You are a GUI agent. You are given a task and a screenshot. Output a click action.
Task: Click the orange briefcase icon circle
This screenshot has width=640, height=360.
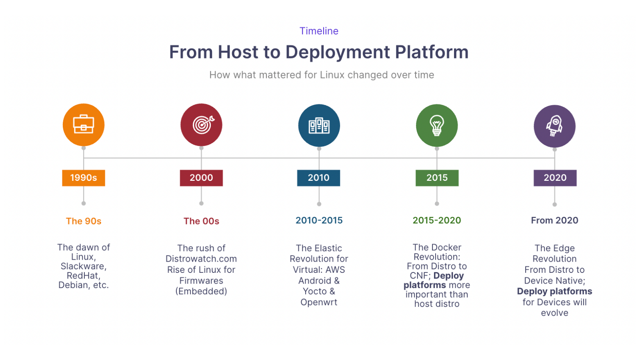coord(84,125)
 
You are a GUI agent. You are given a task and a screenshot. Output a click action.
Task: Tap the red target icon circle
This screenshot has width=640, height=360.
coord(201,125)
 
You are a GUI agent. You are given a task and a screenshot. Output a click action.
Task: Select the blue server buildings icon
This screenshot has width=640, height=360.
coord(319,126)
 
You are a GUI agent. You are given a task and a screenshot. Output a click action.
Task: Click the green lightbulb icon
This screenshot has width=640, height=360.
coord(437,126)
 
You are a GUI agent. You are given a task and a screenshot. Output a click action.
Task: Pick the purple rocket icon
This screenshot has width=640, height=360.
coord(554,126)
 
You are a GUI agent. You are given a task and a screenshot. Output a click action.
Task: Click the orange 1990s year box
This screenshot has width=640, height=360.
coord(84,178)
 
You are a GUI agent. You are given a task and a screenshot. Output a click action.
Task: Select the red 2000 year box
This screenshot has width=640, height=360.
coord(201,178)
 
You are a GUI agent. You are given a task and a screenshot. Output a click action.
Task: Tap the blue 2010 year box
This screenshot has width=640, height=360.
coord(318,178)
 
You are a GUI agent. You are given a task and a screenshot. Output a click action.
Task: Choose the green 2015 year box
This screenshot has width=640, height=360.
coord(437,178)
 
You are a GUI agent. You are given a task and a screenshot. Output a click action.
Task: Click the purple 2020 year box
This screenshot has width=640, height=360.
coord(555,178)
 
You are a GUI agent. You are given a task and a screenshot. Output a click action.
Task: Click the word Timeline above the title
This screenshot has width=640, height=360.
coord(319,31)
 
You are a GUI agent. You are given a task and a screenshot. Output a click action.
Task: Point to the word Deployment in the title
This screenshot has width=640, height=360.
coord(338,52)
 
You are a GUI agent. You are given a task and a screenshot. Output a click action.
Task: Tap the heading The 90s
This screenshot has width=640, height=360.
coord(84,221)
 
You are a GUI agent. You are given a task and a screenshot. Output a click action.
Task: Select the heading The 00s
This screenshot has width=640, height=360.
coord(201,221)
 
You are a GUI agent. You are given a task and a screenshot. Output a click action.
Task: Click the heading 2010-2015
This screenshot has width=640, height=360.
coord(319,220)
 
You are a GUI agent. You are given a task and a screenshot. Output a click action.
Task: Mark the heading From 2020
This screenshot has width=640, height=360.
coord(554,220)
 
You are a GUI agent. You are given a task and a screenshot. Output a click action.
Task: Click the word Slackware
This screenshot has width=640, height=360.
coord(83,266)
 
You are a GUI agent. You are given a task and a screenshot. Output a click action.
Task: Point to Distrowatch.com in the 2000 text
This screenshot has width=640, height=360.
coord(201,259)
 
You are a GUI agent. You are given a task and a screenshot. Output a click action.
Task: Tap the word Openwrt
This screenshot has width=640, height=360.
coord(319,302)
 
